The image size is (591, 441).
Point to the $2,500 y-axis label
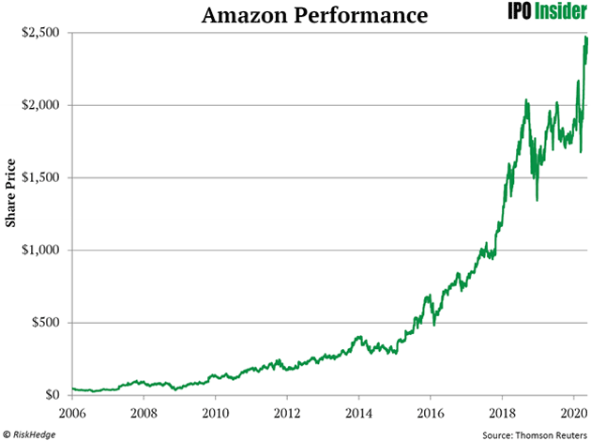click(x=43, y=32)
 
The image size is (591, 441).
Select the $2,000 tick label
click(x=43, y=105)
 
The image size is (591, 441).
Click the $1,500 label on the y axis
click(x=43, y=177)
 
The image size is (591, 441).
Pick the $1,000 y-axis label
click(x=43, y=251)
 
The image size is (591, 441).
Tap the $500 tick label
click(x=48, y=323)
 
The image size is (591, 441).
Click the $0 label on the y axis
click(x=56, y=395)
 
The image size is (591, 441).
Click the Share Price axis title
click(x=12, y=214)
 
